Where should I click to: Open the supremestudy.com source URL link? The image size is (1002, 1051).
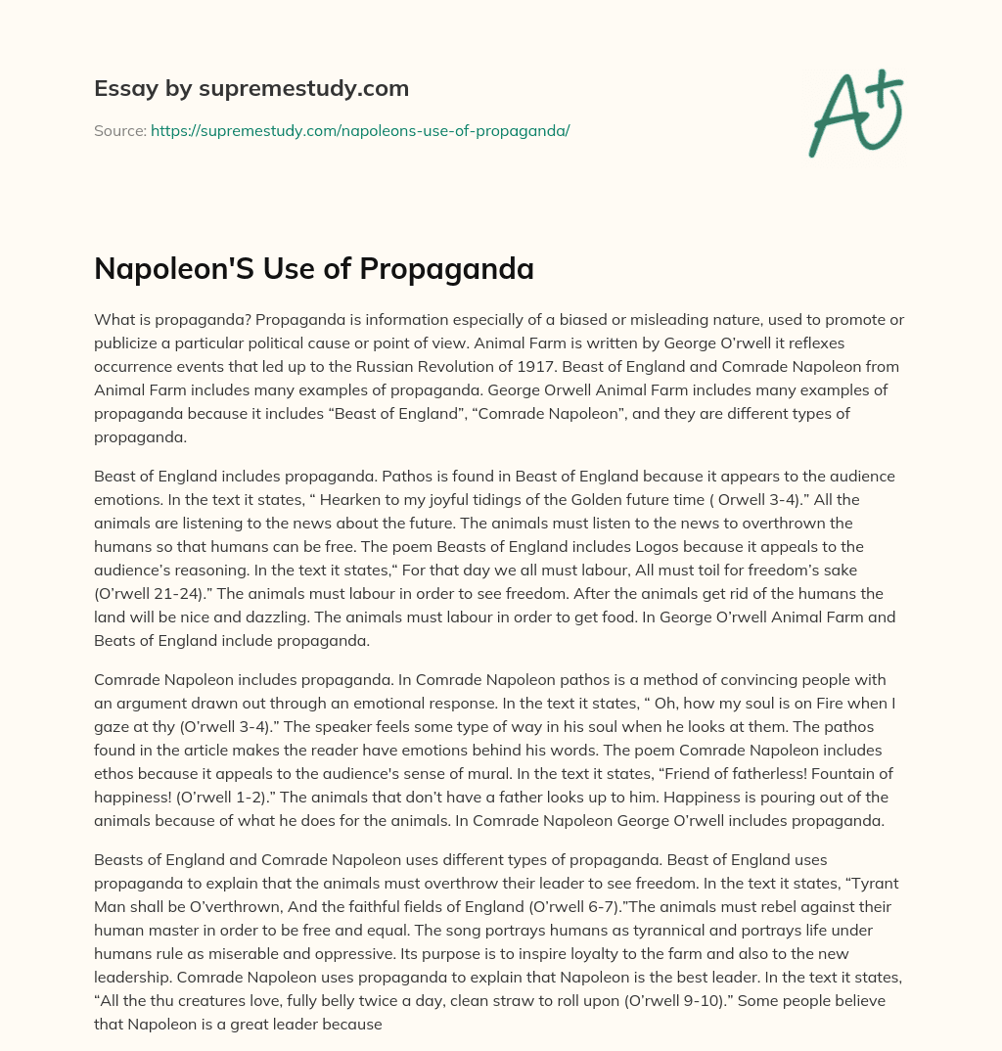[360, 130]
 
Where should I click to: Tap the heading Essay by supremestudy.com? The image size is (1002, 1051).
[251, 89]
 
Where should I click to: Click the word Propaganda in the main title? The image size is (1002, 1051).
[457, 267]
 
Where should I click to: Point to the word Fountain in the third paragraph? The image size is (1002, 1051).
[847, 773]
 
